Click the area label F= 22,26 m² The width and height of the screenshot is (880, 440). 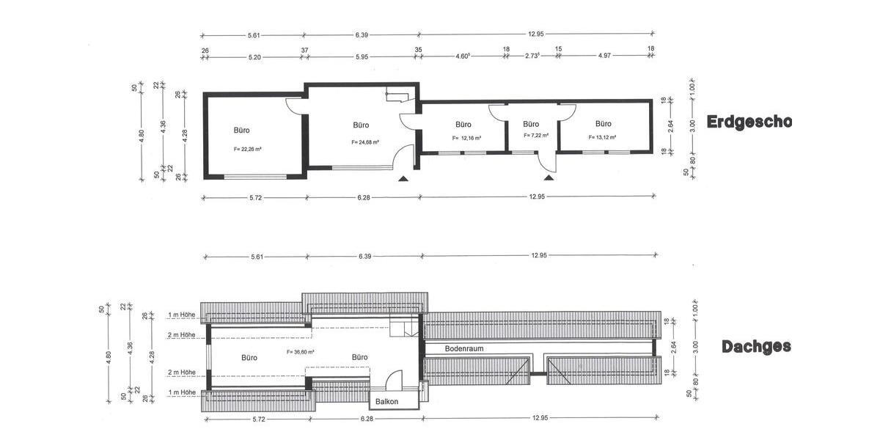[248, 149]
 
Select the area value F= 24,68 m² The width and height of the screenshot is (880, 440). [364, 142]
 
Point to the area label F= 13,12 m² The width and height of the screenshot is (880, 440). [602, 137]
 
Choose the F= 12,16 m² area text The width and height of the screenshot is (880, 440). [466, 138]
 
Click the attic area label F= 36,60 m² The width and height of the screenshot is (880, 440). [300, 352]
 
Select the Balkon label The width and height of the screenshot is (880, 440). [386, 402]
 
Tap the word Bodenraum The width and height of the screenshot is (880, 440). [464, 349]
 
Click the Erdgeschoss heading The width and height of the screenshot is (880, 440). [749, 122]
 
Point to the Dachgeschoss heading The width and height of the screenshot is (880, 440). [756, 347]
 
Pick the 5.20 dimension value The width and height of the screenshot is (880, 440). [254, 56]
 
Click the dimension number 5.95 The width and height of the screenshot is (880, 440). [361, 56]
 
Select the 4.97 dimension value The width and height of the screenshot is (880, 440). [605, 56]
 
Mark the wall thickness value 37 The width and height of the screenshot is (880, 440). [304, 50]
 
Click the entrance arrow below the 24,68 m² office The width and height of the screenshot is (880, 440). [402, 177]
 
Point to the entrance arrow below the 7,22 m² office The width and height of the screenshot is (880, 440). [548, 177]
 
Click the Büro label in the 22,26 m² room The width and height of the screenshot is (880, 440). [241, 131]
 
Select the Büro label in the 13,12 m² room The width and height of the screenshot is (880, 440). [603, 124]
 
